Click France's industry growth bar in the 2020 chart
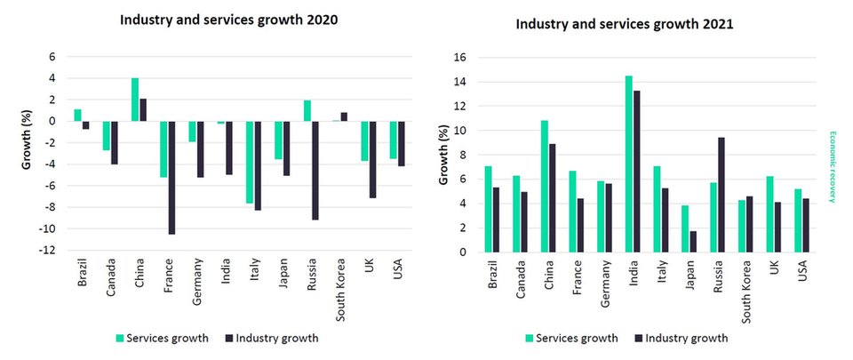[x=171, y=177]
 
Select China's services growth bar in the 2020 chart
[x=135, y=100]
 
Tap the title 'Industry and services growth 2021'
[x=625, y=24]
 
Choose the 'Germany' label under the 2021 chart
[x=604, y=282]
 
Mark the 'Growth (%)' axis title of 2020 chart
[x=26, y=153]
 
